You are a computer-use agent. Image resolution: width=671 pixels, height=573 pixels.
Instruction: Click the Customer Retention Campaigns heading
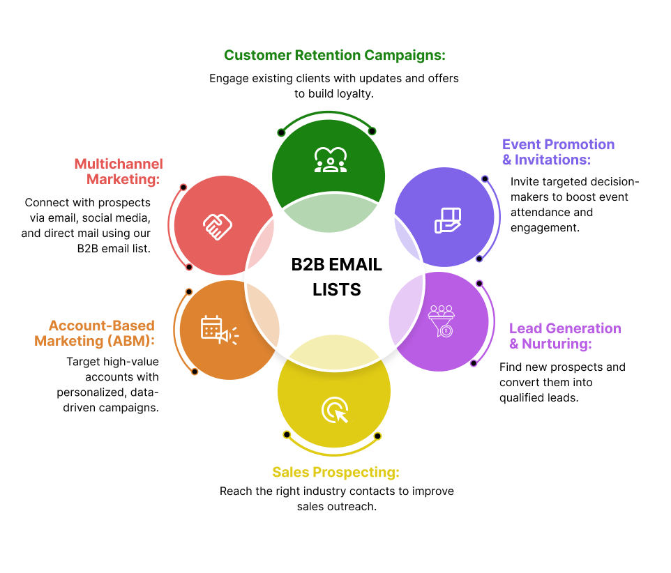(334, 55)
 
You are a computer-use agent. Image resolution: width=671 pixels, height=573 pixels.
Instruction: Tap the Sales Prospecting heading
(335, 473)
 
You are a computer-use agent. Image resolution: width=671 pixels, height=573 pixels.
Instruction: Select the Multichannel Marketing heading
(119, 171)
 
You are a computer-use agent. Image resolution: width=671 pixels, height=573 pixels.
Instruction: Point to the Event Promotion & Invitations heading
(558, 152)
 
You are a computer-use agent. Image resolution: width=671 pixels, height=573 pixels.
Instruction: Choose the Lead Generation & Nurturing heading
(564, 336)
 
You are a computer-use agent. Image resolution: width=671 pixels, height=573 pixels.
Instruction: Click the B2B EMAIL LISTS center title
(336, 276)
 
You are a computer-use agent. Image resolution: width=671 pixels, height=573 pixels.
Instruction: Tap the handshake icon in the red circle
(218, 224)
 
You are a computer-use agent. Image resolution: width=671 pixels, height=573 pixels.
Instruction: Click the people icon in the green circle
(329, 160)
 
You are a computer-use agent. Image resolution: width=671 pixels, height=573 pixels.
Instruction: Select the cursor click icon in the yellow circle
(335, 410)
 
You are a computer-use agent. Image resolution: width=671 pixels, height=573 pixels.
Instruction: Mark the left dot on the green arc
(281, 132)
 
